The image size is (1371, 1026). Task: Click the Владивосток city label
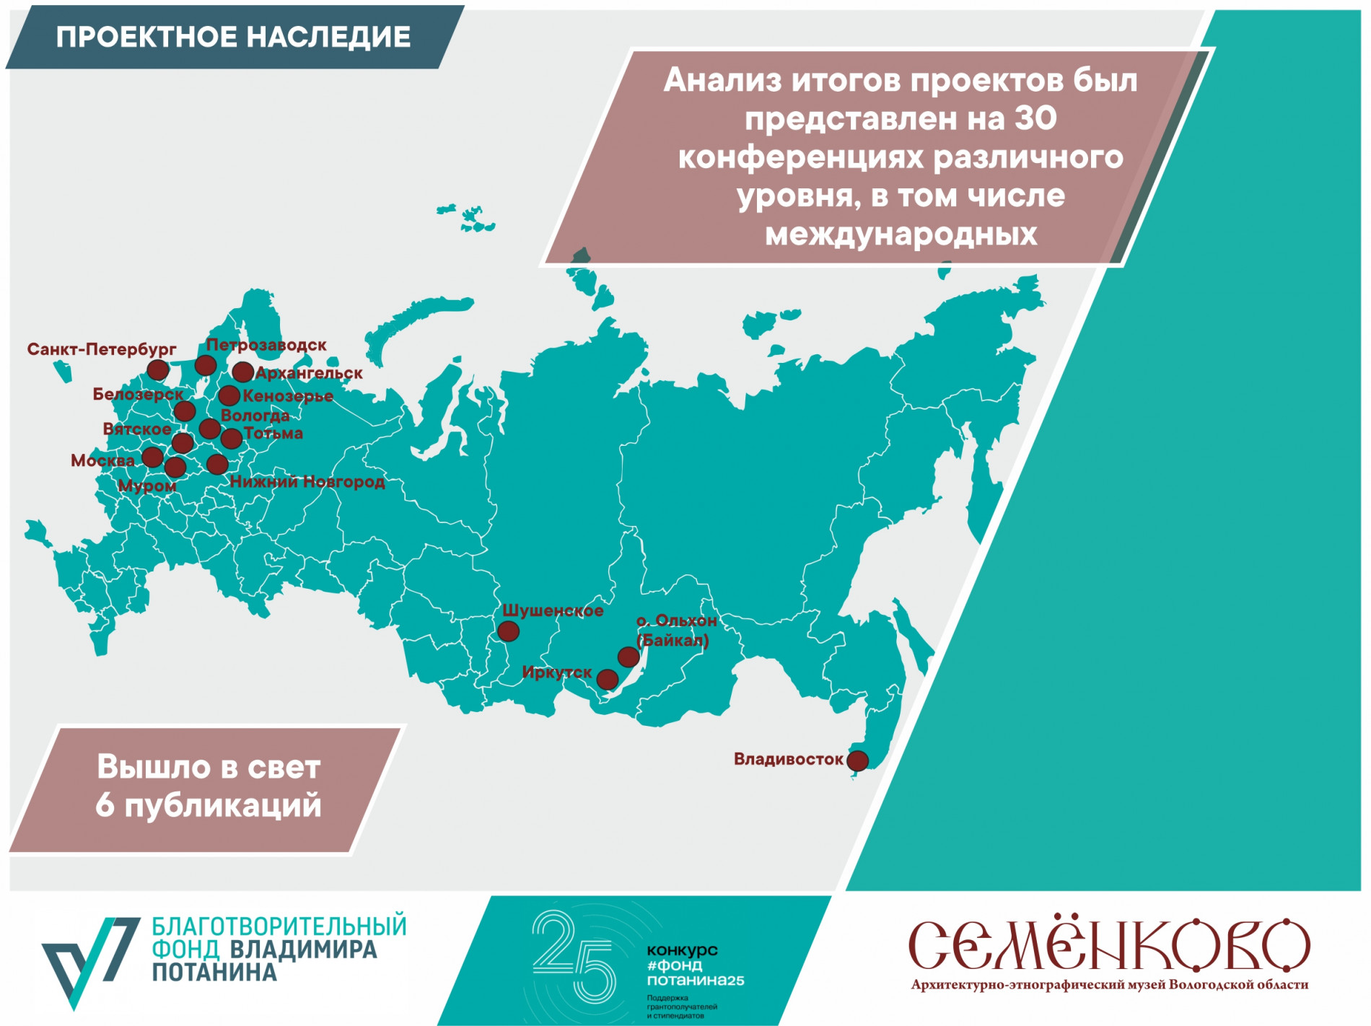point(788,759)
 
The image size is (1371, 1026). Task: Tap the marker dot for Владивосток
point(857,760)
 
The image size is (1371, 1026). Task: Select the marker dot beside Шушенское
point(509,631)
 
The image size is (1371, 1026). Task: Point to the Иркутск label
point(556,672)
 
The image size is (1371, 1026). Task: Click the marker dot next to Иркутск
point(608,679)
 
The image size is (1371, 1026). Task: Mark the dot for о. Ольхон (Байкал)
point(628,657)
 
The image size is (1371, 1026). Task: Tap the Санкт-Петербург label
point(102,349)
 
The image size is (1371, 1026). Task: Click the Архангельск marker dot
point(242,372)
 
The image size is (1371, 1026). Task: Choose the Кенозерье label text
point(288,395)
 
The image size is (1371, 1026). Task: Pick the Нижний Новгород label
point(307,481)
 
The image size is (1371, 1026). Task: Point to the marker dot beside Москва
point(152,457)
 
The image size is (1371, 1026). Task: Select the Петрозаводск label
point(266,345)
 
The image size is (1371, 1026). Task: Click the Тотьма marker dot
point(232,438)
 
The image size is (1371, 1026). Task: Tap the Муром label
point(147,486)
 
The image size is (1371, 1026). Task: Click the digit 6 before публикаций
point(105,806)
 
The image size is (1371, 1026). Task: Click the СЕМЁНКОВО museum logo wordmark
point(1108,944)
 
